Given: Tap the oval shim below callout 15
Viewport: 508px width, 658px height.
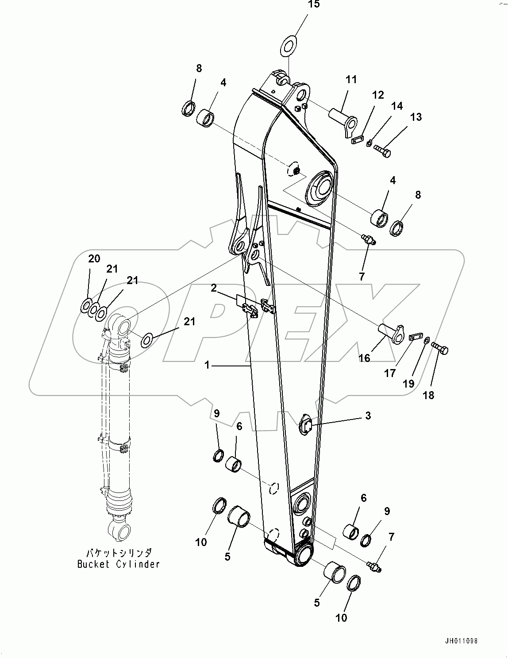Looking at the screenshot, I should (289, 47).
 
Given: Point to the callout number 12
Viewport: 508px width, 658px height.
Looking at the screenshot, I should (377, 95).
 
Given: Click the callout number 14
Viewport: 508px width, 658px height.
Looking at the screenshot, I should (397, 106).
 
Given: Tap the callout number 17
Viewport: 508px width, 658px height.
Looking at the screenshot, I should (390, 373).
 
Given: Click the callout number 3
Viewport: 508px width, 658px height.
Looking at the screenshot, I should (368, 416).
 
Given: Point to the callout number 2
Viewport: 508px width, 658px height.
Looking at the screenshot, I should (214, 289).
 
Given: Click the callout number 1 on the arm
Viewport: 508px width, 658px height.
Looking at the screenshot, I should (207, 366).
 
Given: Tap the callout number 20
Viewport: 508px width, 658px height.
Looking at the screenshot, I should (94, 259).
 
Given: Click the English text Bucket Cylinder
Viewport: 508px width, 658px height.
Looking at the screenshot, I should (118, 564).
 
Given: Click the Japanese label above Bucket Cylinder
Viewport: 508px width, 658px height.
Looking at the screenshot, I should (119, 553).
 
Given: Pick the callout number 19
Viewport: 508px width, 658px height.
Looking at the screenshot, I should (408, 384).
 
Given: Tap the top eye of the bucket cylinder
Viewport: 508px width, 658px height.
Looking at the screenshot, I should (120, 325).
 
